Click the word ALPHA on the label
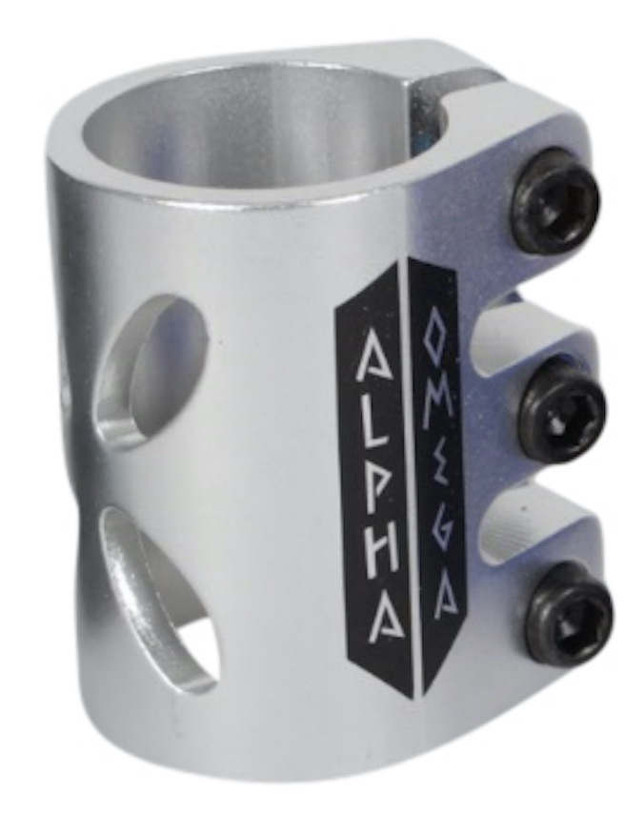click(376, 475)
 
